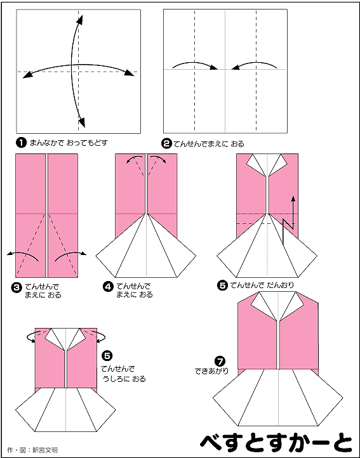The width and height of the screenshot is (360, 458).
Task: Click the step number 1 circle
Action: click(x=21, y=143)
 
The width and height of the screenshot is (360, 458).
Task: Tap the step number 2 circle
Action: click(x=166, y=143)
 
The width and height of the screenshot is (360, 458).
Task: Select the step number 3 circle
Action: click(x=16, y=287)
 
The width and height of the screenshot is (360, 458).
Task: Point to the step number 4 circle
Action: click(x=108, y=287)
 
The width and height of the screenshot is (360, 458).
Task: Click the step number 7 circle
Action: click(x=220, y=362)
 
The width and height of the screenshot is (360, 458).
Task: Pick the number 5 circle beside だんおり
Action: click(x=222, y=285)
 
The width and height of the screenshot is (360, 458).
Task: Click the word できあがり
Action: click(x=211, y=371)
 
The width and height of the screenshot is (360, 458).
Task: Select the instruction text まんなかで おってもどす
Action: click(x=69, y=143)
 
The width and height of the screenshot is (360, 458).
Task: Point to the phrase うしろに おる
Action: click(x=124, y=379)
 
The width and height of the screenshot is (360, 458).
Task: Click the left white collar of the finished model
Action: click(x=263, y=305)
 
